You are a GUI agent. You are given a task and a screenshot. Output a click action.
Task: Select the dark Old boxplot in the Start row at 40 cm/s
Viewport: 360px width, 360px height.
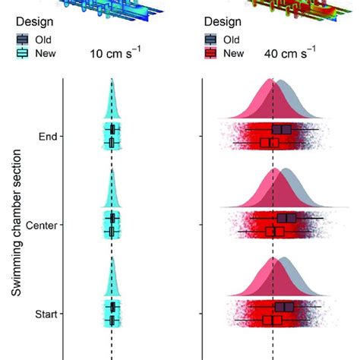284,307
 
